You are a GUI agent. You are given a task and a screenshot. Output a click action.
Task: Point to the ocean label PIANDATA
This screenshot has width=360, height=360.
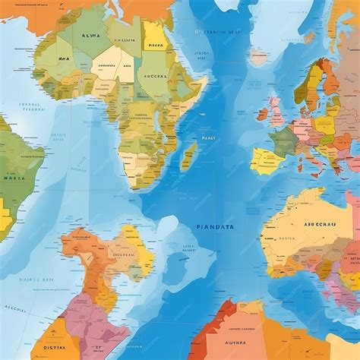216,226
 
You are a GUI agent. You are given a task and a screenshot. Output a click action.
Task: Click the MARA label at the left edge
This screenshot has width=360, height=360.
15,180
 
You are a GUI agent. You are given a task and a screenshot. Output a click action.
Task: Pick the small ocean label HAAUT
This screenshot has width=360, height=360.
209,138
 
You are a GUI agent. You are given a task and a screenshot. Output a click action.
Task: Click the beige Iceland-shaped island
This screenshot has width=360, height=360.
259,57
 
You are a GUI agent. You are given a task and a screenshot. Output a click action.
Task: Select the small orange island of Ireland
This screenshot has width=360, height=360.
264,115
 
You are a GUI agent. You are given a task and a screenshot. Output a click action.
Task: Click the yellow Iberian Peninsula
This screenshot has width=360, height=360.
267,161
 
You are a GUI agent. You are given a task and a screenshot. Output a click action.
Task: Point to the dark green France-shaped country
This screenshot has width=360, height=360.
285,141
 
